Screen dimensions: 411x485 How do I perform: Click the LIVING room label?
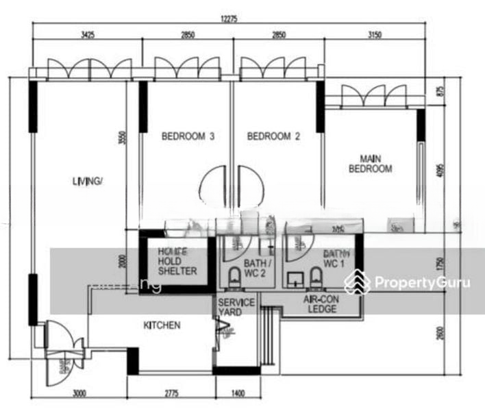(87, 181)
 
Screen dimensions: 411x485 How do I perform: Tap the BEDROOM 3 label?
(188, 136)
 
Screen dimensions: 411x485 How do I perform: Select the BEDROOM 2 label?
(273, 136)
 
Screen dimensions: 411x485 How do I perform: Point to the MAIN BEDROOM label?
(371, 163)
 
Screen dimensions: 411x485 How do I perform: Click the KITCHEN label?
(162, 325)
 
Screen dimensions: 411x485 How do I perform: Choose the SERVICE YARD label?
(236, 308)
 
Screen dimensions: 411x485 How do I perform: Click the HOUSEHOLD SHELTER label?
(177, 261)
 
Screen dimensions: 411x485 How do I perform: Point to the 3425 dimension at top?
(88, 34)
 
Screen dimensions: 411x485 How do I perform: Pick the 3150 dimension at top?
(374, 34)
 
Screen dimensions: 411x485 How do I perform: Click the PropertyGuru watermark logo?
(408, 282)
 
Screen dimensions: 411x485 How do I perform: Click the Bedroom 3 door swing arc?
(214, 185)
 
